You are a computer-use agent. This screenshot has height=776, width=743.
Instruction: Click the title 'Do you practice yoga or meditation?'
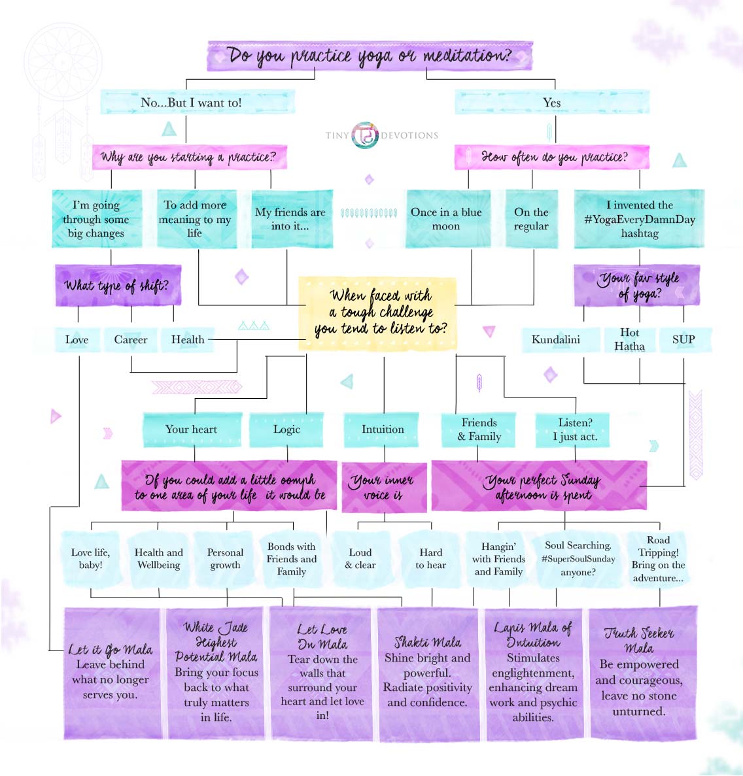tap(370, 56)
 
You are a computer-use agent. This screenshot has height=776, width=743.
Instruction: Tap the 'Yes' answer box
tap(551, 103)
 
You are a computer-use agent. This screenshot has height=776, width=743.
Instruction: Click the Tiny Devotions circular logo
tap(365, 135)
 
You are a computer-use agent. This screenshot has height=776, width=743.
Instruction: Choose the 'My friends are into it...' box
tap(290, 219)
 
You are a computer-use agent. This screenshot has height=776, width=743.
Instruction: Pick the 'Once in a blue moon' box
tap(446, 219)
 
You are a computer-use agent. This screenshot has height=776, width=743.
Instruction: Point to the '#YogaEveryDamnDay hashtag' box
tap(639, 219)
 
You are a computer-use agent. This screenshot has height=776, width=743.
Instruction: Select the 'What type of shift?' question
tap(117, 286)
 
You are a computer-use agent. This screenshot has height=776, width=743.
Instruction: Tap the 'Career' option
tap(131, 340)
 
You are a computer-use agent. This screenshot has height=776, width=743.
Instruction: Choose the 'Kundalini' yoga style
tap(556, 340)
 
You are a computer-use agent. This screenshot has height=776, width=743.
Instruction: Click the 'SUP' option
tap(683, 340)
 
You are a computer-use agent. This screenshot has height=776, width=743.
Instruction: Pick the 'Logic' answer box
tap(286, 430)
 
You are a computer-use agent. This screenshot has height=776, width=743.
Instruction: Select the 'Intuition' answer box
tap(383, 430)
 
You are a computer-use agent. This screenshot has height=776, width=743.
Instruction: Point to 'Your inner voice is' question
tap(383, 488)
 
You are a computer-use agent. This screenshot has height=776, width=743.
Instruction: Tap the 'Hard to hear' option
tap(431, 559)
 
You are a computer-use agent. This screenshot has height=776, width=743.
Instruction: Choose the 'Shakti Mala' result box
tap(428, 673)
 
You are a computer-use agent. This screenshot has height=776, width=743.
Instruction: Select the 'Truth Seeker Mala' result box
tap(640, 673)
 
